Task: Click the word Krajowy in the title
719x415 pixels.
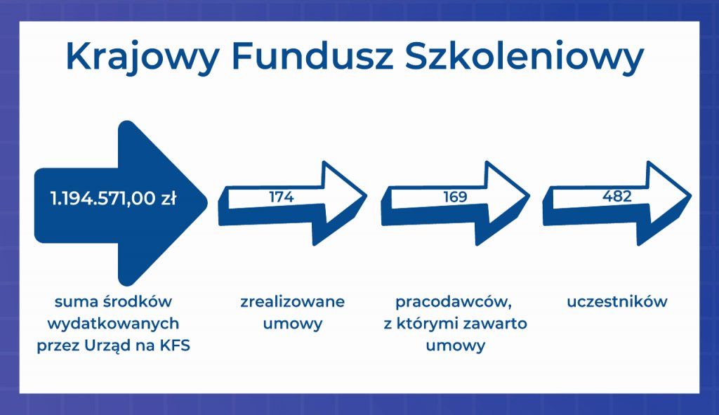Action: point(143,57)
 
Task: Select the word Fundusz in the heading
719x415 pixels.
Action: point(312,56)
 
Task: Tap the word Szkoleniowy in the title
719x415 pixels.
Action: point(525,57)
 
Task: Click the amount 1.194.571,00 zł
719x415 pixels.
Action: point(113,199)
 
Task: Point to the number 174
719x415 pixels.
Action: point(281,197)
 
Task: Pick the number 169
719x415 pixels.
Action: point(455,197)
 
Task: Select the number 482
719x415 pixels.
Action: point(616,197)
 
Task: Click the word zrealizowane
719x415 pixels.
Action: point(293,302)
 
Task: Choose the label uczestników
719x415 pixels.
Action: point(616,302)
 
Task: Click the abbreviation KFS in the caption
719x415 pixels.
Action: point(175,345)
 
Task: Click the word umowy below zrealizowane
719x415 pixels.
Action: point(293,324)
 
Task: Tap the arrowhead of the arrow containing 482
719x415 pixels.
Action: point(666,202)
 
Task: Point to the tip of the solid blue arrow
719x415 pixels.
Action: point(207,202)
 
